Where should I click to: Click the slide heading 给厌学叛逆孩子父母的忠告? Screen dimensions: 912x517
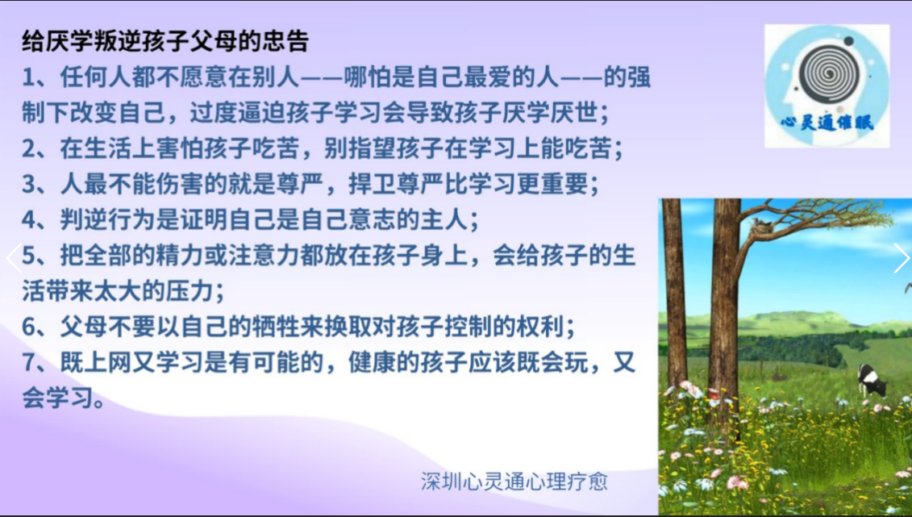(x=165, y=40)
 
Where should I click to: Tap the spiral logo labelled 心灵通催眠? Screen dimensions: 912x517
(x=827, y=86)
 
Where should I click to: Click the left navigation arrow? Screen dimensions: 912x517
(x=14, y=257)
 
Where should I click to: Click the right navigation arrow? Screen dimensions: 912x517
(x=901, y=257)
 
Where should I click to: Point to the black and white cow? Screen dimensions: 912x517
(x=872, y=381)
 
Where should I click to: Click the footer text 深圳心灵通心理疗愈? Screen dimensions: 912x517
(x=514, y=482)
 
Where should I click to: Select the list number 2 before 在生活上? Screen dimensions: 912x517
(x=29, y=149)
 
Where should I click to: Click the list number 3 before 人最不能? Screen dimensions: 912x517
(x=29, y=185)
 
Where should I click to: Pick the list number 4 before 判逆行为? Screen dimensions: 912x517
(x=29, y=220)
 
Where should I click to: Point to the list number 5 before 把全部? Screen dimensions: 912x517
(x=29, y=256)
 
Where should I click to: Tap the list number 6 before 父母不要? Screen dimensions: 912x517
(x=29, y=327)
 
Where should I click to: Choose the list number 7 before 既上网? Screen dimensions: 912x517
(x=29, y=363)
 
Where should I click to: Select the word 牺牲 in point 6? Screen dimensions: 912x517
(x=277, y=327)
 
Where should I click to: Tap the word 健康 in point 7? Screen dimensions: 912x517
(x=373, y=362)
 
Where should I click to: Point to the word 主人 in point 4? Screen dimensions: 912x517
(x=444, y=220)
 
